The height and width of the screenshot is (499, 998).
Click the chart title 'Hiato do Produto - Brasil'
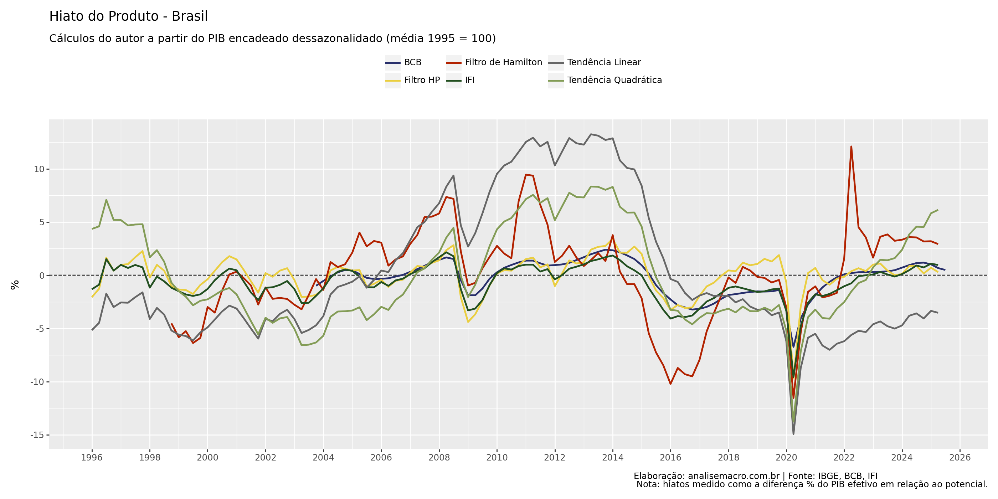(128, 16)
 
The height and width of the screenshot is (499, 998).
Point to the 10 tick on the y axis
(39, 169)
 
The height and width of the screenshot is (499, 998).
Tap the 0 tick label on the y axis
(42, 276)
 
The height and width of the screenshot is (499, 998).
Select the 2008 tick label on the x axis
(439, 458)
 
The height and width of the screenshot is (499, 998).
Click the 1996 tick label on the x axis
(92, 458)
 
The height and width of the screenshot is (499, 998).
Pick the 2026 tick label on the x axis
(960, 458)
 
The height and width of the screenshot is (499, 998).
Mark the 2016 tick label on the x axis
(670, 458)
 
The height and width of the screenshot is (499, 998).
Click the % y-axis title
(15, 285)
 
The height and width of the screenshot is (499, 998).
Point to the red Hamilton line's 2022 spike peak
(851, 146)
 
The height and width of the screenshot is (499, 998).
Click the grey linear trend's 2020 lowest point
(793, 434)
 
